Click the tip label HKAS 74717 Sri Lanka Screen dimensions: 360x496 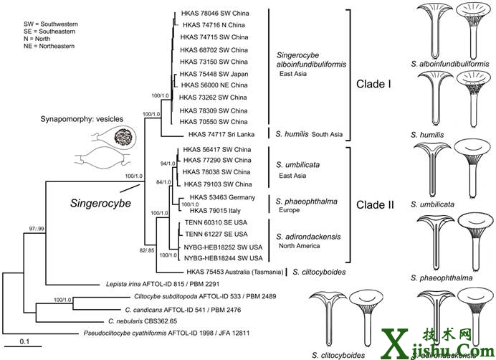[222, 133]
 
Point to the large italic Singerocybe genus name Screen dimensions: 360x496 [100, 204]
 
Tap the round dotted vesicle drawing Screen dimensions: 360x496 [115, 136]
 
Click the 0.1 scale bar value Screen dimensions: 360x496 [24, 341]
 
